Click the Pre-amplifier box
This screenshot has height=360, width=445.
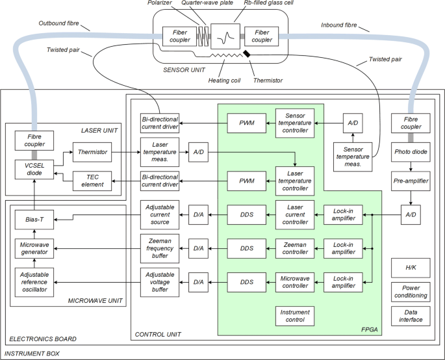point(410,180)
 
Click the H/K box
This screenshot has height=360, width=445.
point(410,268)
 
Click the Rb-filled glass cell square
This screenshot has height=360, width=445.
point(225,36)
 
